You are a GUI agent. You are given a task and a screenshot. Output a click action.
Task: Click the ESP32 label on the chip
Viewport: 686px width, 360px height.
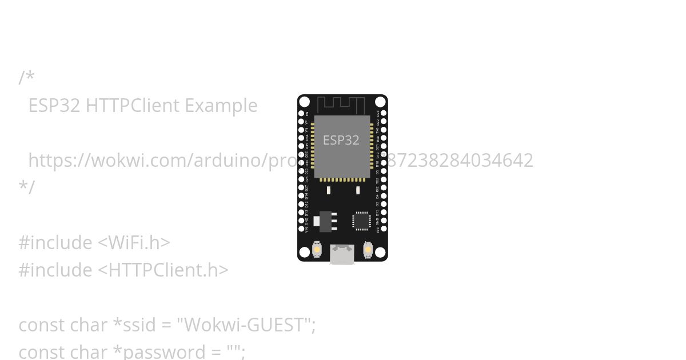point(341,141)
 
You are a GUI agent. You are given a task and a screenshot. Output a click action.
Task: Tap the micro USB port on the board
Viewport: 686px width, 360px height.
point(342,254)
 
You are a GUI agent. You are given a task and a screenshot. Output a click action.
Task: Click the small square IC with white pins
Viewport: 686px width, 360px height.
point(361,221)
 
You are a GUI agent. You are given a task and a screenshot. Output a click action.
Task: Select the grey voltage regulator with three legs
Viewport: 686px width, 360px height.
point(325,221)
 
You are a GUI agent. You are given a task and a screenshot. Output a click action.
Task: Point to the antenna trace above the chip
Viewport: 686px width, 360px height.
point(341,105)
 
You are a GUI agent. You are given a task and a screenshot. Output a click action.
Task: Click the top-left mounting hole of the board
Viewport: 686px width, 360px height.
point(305,102)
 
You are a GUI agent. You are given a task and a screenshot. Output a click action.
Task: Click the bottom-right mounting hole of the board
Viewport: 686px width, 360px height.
point(380,253)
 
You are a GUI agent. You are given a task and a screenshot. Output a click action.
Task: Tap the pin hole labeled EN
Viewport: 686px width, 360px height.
point(301,114)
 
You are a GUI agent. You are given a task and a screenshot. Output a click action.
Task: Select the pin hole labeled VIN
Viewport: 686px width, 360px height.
point(301,229)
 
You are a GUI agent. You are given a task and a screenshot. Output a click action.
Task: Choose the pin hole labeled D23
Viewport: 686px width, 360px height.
point(384,113)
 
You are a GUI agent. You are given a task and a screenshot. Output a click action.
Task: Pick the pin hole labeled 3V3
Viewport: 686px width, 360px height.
point(384,229)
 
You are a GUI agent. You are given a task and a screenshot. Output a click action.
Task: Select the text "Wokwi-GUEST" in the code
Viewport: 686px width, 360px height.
point(246,325)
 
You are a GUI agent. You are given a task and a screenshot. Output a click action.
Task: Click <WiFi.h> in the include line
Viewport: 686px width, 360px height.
point(134,243)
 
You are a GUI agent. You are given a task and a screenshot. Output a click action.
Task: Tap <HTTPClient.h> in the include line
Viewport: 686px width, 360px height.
point(163,270)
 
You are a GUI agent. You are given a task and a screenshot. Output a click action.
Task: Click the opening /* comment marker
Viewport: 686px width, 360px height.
point(26,78)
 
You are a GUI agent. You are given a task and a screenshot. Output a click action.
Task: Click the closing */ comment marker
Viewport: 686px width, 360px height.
point(26,187)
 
